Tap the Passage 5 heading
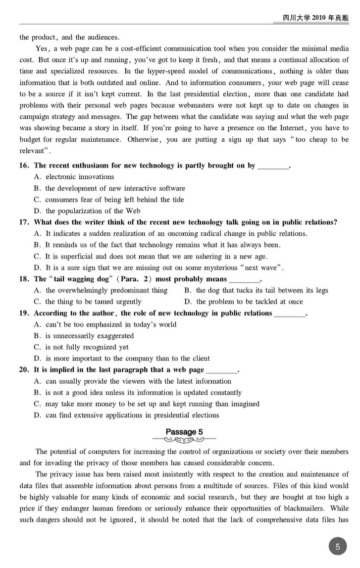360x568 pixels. click(x=184, y=431)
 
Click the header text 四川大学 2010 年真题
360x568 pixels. click(x=315, y=18)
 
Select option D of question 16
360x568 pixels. click(x=87, y=211)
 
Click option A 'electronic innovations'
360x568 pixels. click(x=74, y=177)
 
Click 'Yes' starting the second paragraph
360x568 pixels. click(x=42, y=49)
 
